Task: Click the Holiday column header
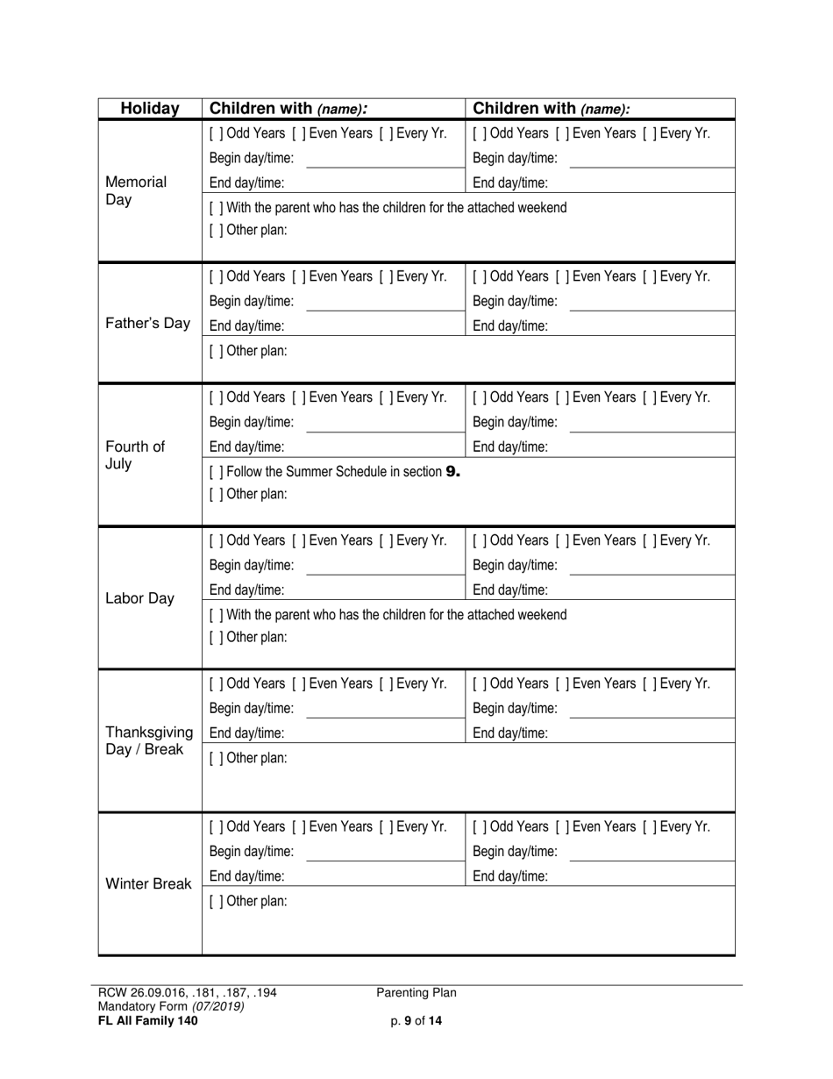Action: (150, 109)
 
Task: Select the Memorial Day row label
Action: (136, 191)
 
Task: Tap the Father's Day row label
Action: (147, 324)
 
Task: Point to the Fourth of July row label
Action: (134, 455)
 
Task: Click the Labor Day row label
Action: (139, 599)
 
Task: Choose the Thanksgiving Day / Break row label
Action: (149, 741)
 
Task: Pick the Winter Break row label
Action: (148, 884)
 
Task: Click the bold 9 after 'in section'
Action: (452, 472)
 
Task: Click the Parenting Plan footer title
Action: (416, 993)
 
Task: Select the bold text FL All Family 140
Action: (148, 1020)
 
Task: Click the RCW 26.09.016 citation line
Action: (188, 993)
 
